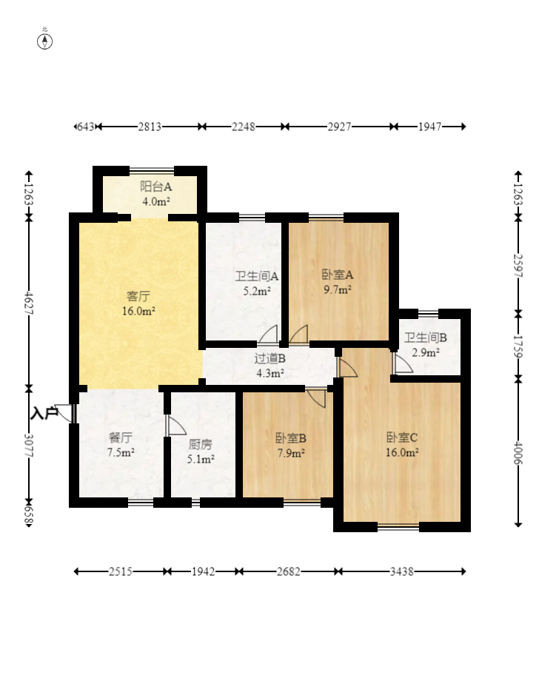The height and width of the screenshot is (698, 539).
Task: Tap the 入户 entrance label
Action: click(x=44, y=414)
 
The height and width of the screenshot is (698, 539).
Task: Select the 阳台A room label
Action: click(x=155, y=187)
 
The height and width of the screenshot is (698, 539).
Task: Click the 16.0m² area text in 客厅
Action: click(x=138, y=311)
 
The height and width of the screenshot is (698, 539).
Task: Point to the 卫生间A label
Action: click(x=257, y=276)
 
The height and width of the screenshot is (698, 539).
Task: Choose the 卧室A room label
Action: click(x=338, y=275)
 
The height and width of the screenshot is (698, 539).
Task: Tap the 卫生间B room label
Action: click(x=426, y=338)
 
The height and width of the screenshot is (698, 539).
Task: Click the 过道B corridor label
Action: click(x=270, y=358)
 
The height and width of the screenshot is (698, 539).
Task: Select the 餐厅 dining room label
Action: click(x=120, y=438)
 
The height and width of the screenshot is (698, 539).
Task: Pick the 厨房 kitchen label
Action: click(x=200, y=444)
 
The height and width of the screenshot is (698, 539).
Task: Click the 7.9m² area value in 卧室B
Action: click(x=291, y=453)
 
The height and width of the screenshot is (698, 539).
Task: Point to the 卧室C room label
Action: click(x=402, y=437)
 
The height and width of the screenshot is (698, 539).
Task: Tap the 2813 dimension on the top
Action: click(x=150, y=127)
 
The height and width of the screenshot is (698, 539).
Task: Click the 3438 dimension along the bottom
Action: click(x=402, y=571)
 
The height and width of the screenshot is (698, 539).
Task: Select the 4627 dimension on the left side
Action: click(x=28, y=303)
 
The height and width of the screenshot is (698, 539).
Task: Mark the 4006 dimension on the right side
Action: click(x=518, y=452)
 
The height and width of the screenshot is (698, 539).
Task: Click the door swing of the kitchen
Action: click(x=175, y=426)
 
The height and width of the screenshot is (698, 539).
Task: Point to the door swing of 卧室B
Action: click(x=316, y=398)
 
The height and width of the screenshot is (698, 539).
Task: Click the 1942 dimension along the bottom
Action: click(x=204, y=571)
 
